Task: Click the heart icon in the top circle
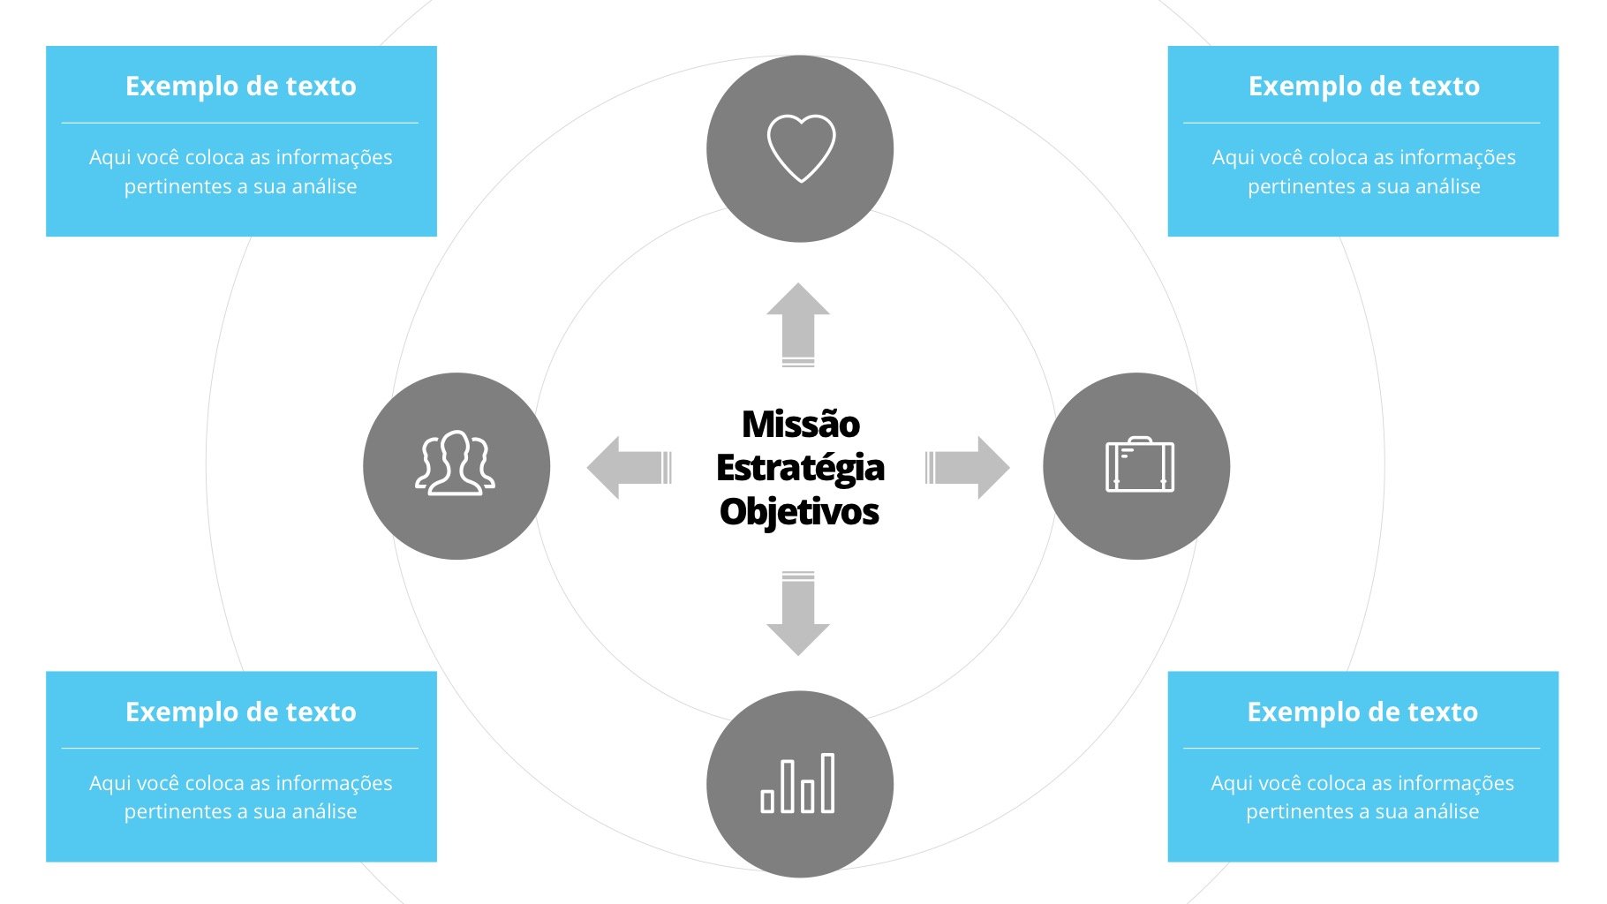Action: click(x=801, y=147)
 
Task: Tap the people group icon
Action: click(x=456, y=464)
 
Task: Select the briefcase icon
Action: click(x=1139, y=465)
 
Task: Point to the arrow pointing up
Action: click(x=798, y=323)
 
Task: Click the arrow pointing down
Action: click(x=798, y=614)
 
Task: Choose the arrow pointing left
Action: click(x=628, y=467)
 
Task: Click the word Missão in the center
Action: click(x=800, y=425)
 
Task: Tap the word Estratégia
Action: click(x=800, y=468)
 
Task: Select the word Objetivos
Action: click(x=799, y=511)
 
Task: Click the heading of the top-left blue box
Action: click(x=241, y=87)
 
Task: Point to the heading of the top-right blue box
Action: click(x=1363, y=87)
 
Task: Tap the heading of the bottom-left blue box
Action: click(x=241, y=712)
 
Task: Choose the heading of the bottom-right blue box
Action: click(x=1362, y=712)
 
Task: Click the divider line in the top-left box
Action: click(x=240, y=123)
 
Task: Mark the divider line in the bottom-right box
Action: click(x=1362, y=749)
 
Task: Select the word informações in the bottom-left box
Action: click(x=334, y=783)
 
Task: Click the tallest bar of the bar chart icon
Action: click(x=827, y=782)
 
